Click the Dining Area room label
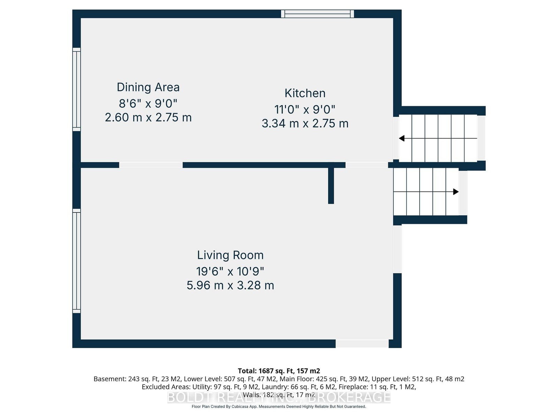pyautogui.click(x=148, y=87)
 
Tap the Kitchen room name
pyautogui.click(x=305, y=93)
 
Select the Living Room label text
pyautogui.click(x=230, y=255)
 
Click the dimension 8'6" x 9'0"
pyautogui.click(x=148, y=103)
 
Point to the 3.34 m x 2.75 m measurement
pyautogui.click(x=305, y=124)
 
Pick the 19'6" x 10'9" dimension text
pyautogui.click(x=230, y=271)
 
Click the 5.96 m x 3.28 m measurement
pyautogui.click(x=230, y=285)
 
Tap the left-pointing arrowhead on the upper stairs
pyautogui.click(x=401, y=138)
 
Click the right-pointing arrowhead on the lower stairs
pyautogui.click(x=456, y=192)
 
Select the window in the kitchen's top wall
pyautogui.click(x=317, y=14)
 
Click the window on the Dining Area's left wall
pyautogui.click(x=76, y=89)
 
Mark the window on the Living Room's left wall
pyautogui.click(x=76, y=261)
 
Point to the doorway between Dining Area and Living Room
pyautogui.click(x=151, y=165)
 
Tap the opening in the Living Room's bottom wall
pyautogui.click(x=362, y=344)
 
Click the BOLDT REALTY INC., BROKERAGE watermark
pyautogui.click(x=279, y=397)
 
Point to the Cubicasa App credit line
pyautogui.click(x=279, y=407)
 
